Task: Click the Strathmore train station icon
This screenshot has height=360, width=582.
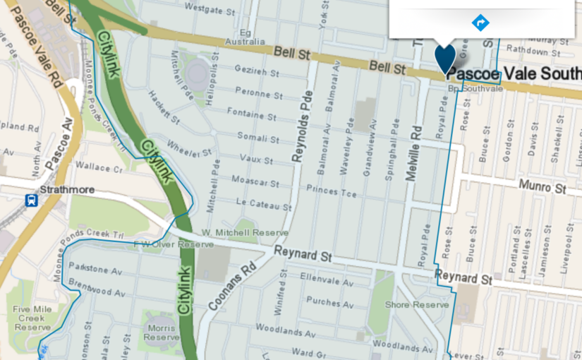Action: click(32, 200)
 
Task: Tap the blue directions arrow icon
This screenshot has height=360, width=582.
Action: click(480, 23)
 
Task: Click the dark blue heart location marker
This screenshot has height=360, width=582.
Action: click(445, 58)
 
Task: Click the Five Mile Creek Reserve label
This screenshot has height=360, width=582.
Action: click(32, 318)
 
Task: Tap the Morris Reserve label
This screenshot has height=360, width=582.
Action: click(162, 332)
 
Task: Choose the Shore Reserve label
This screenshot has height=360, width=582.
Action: click(416, 305)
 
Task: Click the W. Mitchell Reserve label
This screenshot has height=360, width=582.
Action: click(245, 232)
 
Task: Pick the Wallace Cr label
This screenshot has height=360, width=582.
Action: click(94, 168)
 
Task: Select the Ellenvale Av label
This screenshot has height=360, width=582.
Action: click(326, 282)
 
